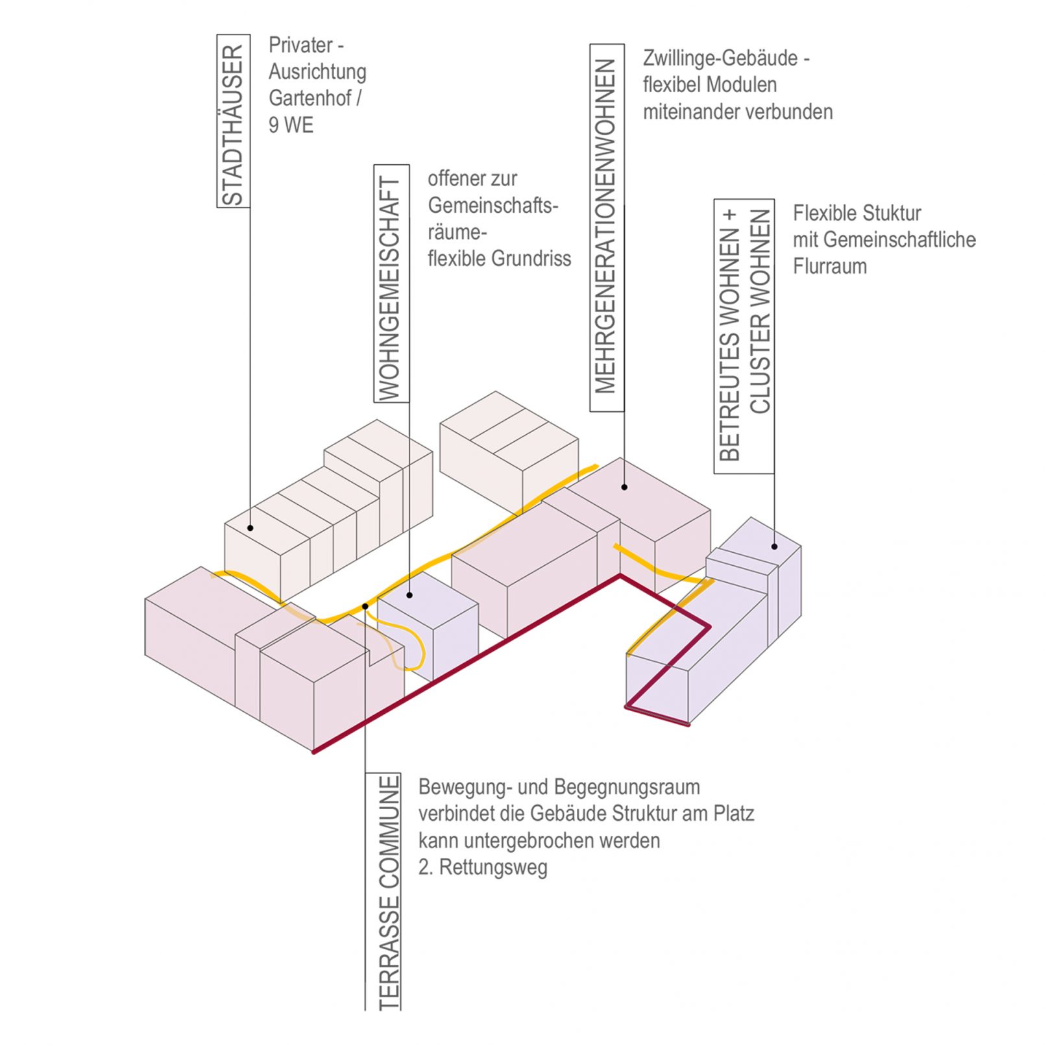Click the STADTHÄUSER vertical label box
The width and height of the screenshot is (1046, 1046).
(x=233, y=121)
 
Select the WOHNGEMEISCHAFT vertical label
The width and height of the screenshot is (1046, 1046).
(x=391, y=284)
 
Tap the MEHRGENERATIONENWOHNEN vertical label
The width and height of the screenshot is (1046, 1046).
(x=606, y=227)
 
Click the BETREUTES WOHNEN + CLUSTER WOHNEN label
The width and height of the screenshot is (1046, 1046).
(x=744, y=335)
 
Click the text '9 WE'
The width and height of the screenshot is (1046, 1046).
(x=291, y=125)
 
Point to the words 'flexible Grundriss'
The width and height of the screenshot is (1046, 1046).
(x=499, y=259)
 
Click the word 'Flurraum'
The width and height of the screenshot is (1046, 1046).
(x=829, y=267)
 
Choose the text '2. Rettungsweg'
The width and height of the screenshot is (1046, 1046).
(x=482, y=868)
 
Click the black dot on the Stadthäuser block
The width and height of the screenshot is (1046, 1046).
(x=250, y=528)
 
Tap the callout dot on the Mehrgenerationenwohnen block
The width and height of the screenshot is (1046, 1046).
(x=624, y=487)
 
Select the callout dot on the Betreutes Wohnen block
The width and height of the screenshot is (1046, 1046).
(x=774, y=546)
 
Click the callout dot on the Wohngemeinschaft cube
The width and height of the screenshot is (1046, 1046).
(x=409, y=595)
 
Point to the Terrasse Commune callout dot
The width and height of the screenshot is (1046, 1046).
(x=365, y=606)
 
